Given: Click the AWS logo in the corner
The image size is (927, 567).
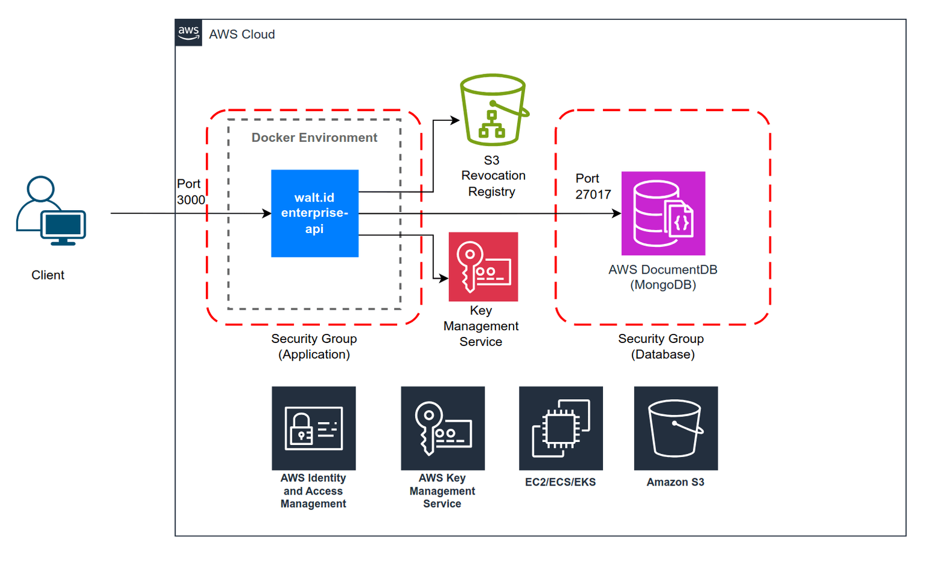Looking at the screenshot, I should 188,33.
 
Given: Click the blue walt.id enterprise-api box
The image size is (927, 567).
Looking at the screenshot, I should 314,213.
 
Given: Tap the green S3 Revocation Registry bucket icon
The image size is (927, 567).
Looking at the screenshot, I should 493,110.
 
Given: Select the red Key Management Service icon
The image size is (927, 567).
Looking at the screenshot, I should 483,266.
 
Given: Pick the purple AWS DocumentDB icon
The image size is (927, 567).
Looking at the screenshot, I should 663,213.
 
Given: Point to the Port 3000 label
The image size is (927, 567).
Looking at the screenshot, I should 190,192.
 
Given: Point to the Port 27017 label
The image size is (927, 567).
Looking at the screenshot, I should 593,187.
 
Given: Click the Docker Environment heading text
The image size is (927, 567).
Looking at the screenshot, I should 314,138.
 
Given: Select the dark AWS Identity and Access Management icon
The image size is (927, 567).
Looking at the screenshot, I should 313,428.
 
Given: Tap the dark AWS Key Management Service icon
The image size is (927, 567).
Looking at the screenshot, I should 442,428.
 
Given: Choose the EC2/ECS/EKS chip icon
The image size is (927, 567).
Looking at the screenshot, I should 561,428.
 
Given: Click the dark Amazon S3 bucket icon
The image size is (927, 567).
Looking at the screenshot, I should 675,428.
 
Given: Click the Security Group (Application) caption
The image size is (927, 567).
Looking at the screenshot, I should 314,347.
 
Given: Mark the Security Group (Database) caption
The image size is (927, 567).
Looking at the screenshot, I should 661,347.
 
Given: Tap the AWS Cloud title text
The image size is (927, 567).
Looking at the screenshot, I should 241,34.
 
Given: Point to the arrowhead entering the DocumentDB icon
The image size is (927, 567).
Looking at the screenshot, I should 616,213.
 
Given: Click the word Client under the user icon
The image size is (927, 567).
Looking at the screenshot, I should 48,275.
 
